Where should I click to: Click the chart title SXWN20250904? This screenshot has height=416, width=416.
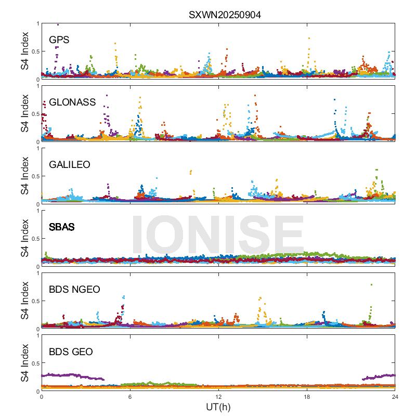tap(225, 15)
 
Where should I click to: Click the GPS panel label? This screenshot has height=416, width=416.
tap(59, 40)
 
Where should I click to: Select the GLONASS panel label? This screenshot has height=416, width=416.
tap(72, 102)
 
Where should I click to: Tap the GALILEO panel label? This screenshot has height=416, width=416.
tap(70, 164)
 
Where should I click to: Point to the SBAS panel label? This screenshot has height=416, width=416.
tap(61, 227)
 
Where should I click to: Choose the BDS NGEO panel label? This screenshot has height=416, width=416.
tap(74, 289)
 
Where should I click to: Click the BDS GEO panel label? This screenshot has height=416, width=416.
tap(71, 352)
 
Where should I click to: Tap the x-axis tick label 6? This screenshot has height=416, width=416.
tap(130, 396)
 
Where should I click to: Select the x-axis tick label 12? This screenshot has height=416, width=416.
tap(218, 396)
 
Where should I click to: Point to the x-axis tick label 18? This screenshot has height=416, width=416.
tap(307, 396)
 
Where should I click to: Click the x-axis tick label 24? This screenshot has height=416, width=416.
tap(395, 396)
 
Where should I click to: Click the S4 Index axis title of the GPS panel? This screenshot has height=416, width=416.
tap(25, 51)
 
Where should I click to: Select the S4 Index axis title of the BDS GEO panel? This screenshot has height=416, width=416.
tap(25, 363)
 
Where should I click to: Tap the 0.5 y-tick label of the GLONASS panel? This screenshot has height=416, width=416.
tap(33, 114)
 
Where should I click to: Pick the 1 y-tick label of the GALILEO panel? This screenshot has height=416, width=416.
tap(37, 148)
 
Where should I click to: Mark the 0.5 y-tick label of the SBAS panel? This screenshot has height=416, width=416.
tap(33, 239)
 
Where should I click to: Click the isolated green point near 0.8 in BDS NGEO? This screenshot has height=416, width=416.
tap(371, 284)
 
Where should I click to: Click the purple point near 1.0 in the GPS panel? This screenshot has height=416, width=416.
tap(58, 24)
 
